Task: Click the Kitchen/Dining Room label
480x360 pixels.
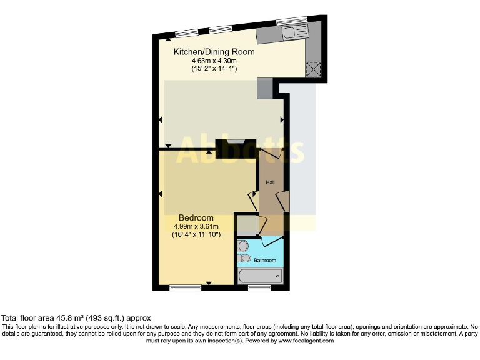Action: pyautogui.click(x=214, y=52)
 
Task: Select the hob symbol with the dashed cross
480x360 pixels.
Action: pyautogui.click(x=313, y=69)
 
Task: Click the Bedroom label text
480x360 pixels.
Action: pyautogui.click(x=196, y=217)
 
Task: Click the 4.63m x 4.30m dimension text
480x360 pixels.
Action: pyautogui.click(x=214, y=61)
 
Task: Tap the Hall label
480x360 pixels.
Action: pyautogui.click(x=270, y=182)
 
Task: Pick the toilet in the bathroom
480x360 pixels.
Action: pyautogui.click(x=245, y=258)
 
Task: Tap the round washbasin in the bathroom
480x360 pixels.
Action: pyautogui.click(x=243, y=246)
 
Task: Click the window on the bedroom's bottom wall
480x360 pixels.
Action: pyautogui.click(x=186, y=287)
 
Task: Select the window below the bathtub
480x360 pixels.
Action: pyautogui.click(x=259, y=287)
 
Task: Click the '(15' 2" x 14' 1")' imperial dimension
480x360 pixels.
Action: pyautogui.click(x=214, y=69)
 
